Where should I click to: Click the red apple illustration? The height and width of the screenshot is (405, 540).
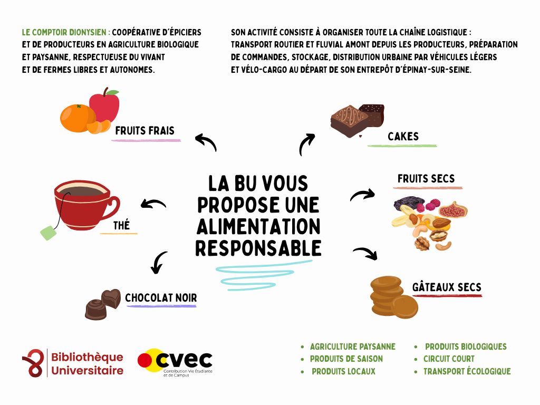105,108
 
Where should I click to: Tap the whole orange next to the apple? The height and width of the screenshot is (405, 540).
77,118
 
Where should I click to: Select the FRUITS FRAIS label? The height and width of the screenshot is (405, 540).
144,130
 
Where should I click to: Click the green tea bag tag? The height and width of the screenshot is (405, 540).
49,232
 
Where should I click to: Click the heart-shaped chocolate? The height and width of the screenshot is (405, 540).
111,298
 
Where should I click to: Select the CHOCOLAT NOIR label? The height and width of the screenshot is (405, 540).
161,298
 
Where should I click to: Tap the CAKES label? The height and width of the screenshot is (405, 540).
403,137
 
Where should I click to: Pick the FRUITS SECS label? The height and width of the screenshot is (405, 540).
426,179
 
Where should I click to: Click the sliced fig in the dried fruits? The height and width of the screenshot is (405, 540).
453,210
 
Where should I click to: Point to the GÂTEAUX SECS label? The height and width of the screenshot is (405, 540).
447,287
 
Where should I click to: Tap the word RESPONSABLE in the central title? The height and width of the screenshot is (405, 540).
258,247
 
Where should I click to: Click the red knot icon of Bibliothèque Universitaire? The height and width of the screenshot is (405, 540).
33,363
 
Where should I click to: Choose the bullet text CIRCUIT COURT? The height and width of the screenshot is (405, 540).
441,359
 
